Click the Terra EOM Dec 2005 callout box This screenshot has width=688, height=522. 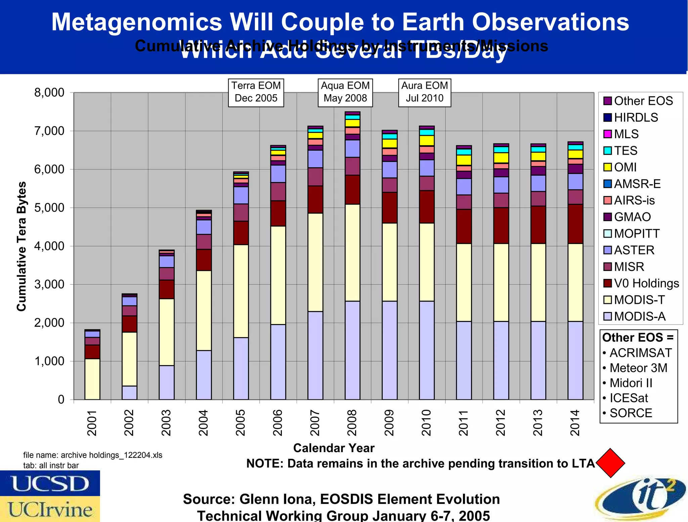point(256,92)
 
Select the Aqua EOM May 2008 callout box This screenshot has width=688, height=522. point(345,92)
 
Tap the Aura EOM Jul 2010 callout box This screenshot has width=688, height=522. point(425,92)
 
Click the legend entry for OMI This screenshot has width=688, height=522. point(625,167)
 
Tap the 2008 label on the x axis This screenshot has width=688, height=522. point(352,423)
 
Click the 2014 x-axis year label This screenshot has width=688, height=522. point(575,423)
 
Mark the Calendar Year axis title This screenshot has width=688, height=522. point(334,448)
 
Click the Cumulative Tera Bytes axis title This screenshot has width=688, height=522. point(21,246)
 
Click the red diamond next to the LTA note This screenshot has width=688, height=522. point(610,463)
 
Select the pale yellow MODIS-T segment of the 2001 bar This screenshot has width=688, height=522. point(92,379)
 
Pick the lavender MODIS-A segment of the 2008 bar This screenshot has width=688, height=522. point(352,350)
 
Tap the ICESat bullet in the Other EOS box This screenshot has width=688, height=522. point(628,398)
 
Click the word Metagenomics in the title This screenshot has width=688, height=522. point(137,22)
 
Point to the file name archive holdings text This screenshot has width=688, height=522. point(93,455)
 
